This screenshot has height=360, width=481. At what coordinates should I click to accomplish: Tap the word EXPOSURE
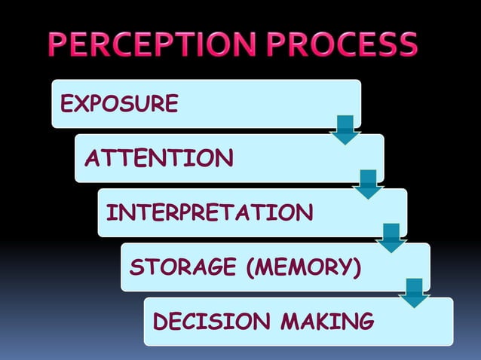119,103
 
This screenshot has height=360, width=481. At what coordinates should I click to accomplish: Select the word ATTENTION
158,158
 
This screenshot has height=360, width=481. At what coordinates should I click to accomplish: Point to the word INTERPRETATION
210,212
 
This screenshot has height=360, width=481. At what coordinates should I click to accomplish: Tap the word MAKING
326,322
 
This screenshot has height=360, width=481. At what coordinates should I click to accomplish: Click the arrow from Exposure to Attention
346,130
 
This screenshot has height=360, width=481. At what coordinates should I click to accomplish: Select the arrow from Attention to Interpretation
369,184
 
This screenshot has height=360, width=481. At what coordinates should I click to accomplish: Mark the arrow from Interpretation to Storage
391,238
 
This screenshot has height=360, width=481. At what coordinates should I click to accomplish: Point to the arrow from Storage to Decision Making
414,293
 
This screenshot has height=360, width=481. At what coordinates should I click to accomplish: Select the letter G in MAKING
365,322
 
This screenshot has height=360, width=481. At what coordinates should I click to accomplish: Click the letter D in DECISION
160,322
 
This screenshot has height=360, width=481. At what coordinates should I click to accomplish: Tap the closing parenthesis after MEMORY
356,267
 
